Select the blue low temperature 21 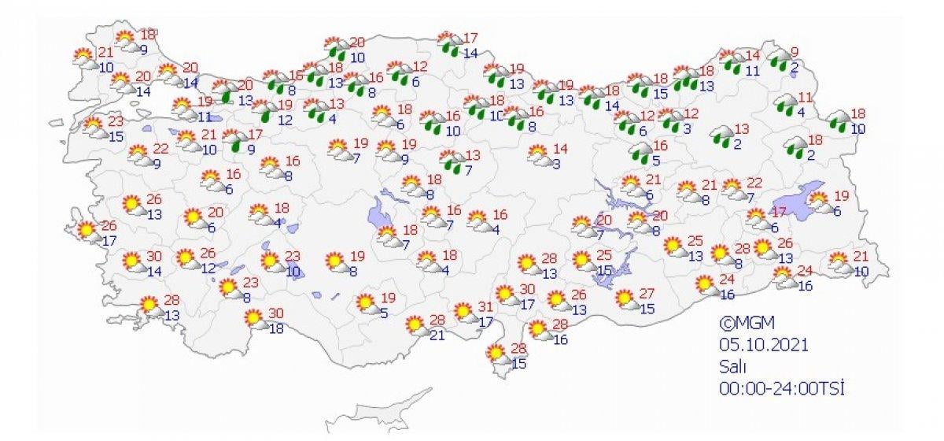[x=437, y=333]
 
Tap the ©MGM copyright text [x=743, y=322]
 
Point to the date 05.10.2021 [x=762, y=344]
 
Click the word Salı [x=731, y=366]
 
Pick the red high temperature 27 [x=648, y=294]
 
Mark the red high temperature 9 [x=795, y=52]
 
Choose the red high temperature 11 [x=804, y=98]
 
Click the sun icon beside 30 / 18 [x=253, y=318]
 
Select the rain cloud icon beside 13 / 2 [x=722, y=135]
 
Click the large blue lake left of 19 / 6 [x=796, y=204]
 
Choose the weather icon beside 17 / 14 [x=449, y=43]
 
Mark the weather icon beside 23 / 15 [x=95, y=128]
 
